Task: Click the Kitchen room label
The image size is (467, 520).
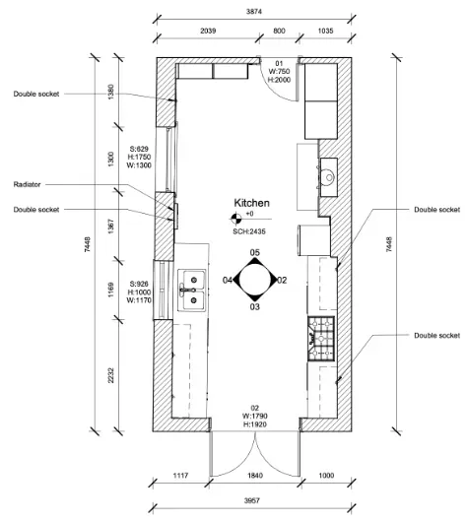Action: tap(252, 203)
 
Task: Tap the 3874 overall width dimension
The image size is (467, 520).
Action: tap(254, 12)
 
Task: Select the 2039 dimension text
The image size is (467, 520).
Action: tap(208, 31)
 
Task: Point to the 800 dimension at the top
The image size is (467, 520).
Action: tap(279, 31)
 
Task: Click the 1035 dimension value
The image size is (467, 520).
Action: tap(325, 31)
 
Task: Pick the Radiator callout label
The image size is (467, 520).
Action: tap(27, 184)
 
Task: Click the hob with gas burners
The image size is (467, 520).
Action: tap(321, 339)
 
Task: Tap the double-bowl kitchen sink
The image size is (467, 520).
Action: tap(192, 291)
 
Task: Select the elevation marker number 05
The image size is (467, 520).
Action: tap(255, 253)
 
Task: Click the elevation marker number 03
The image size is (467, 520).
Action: tap(255, 306)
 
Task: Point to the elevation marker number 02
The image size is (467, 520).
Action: tap(282, 281)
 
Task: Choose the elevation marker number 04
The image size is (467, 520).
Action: tap(228, 281)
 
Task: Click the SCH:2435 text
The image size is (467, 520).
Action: tap(249, 231)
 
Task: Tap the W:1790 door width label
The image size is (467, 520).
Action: tap(255, 416)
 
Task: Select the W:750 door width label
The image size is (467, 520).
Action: tap(279, 71)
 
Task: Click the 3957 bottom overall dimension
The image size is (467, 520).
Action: tap(252, 500)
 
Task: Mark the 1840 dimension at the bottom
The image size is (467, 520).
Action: tap(255, 476)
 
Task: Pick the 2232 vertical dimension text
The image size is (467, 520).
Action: tap(110, 375)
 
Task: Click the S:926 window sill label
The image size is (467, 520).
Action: tap(139, 284)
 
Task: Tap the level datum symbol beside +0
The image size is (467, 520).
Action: tap(236, 219)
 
